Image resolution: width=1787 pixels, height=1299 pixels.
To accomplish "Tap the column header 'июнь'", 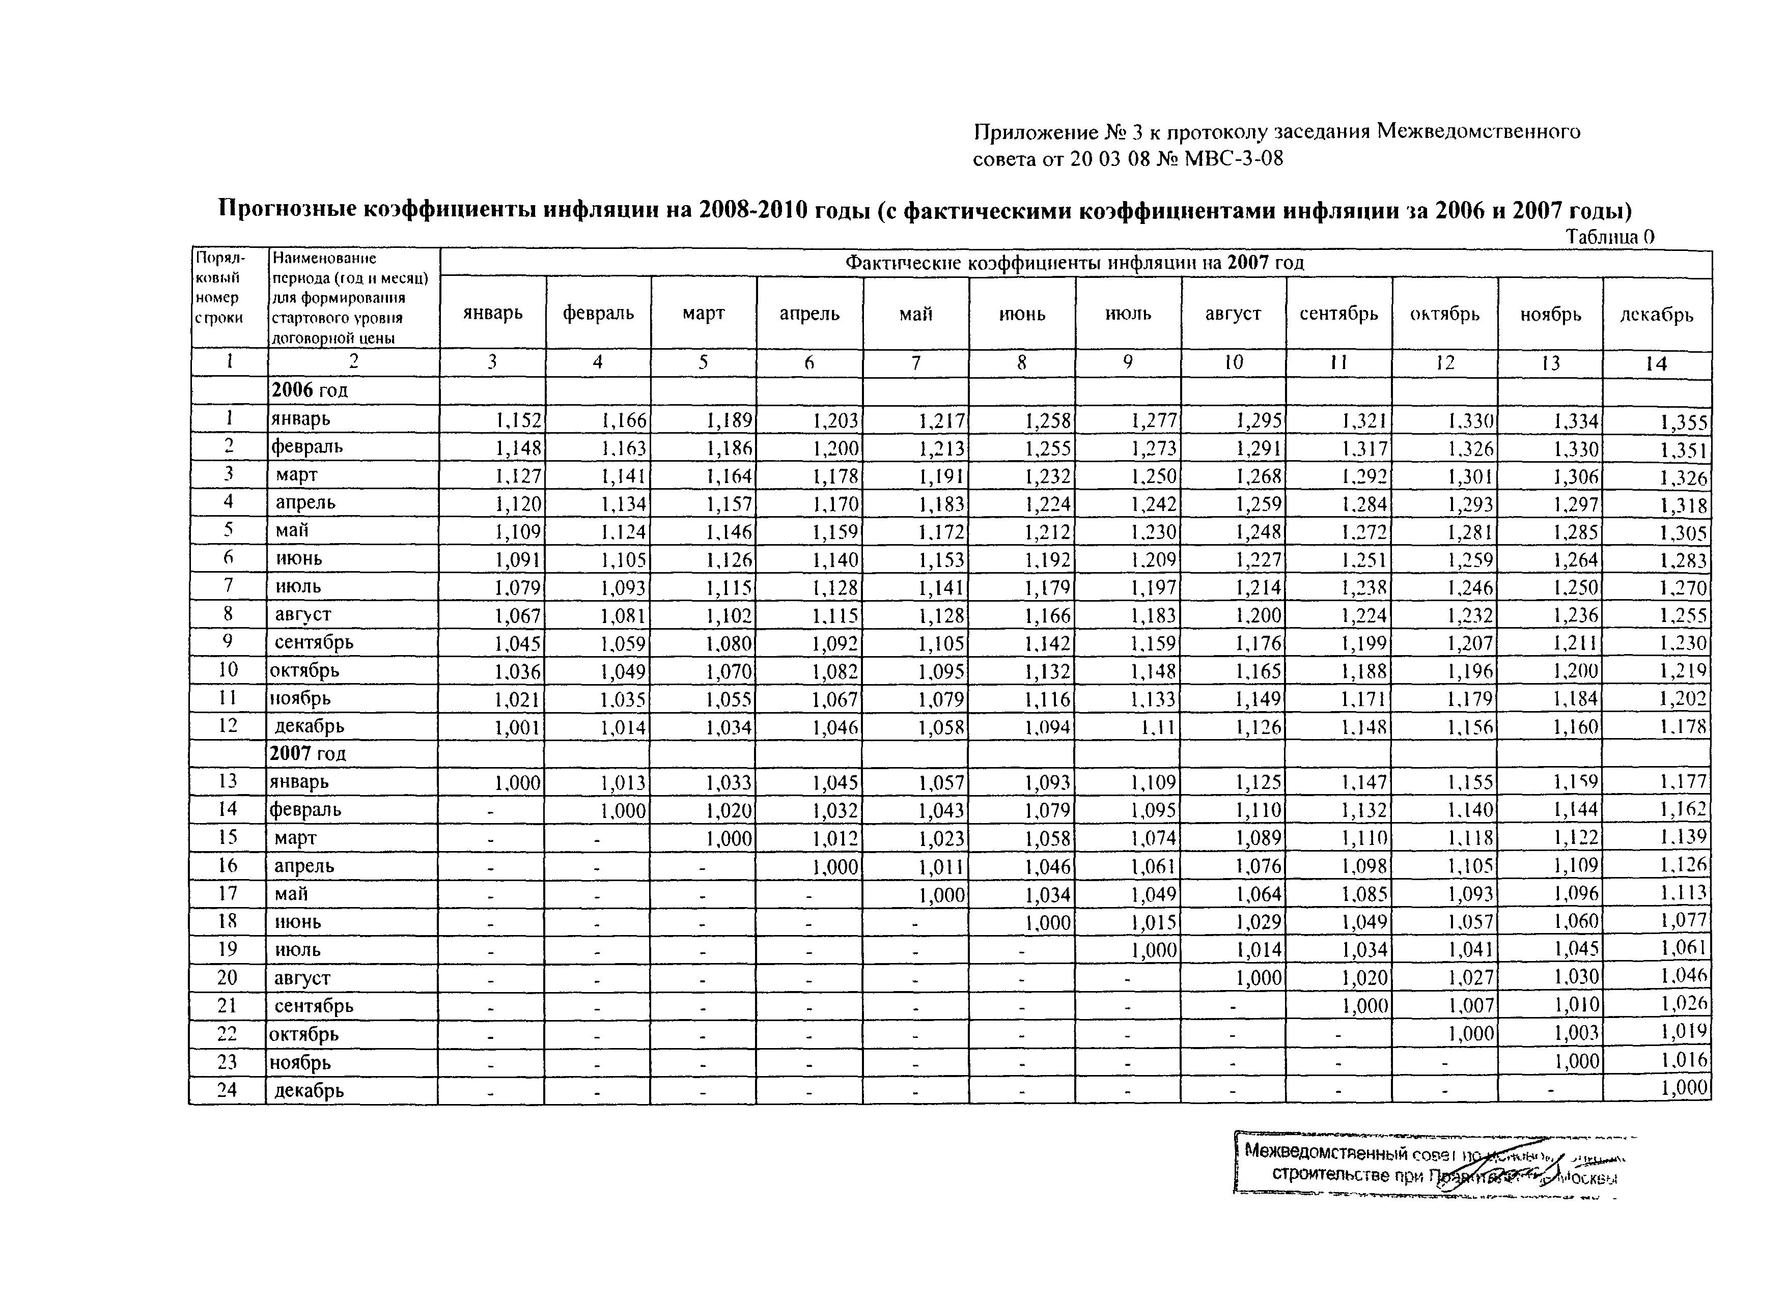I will coord(1022,314).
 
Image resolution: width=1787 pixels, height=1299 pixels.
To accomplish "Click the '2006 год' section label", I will coord(309,390).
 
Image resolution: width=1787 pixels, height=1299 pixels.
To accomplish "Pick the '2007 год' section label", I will coord(308,753).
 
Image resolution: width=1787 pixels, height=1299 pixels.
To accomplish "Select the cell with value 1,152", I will coord(518,420).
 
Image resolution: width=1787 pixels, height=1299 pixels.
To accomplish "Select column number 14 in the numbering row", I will coord(1656,363).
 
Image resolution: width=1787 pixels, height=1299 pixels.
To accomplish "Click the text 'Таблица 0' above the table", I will coord(1609,236).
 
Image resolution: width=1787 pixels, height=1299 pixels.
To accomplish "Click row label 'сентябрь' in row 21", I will coord(314,1006).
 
